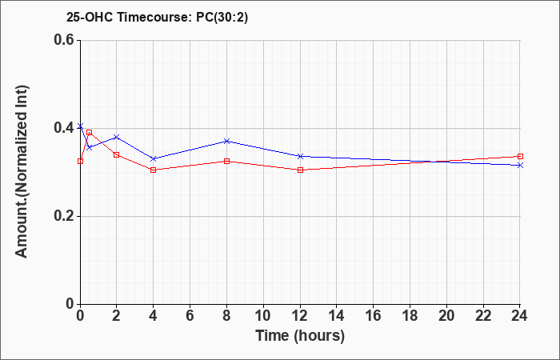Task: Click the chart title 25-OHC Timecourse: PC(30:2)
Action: (x=157, y=18)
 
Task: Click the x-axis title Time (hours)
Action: (x=300, y=336)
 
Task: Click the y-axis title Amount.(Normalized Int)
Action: (x=22, y=171)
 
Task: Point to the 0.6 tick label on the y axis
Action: (x=66, y=40)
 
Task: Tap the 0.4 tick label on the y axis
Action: (x=66, y=128)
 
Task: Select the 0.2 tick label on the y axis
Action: (x=66, y=216)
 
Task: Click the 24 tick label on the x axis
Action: (x=520, y=316)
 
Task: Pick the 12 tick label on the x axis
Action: (x=300, y=316)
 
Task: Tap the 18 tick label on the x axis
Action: (x=410, y=316)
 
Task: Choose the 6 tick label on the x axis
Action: (x=190, y=316)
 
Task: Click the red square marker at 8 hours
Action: (x=226, y=162)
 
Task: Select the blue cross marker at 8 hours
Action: (x=226, y=141)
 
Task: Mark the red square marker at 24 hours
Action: (x=520, y=157)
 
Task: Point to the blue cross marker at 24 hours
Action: (x=520, y=166)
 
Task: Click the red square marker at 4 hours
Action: (x=154, y=170)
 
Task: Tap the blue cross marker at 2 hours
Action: (x=117, y=137)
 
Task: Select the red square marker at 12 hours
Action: (x=300, y=170)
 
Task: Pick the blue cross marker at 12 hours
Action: (x=300, y=156)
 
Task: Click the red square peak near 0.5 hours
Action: (x=90, y=133)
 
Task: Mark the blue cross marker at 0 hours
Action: (x=80, y=126)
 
